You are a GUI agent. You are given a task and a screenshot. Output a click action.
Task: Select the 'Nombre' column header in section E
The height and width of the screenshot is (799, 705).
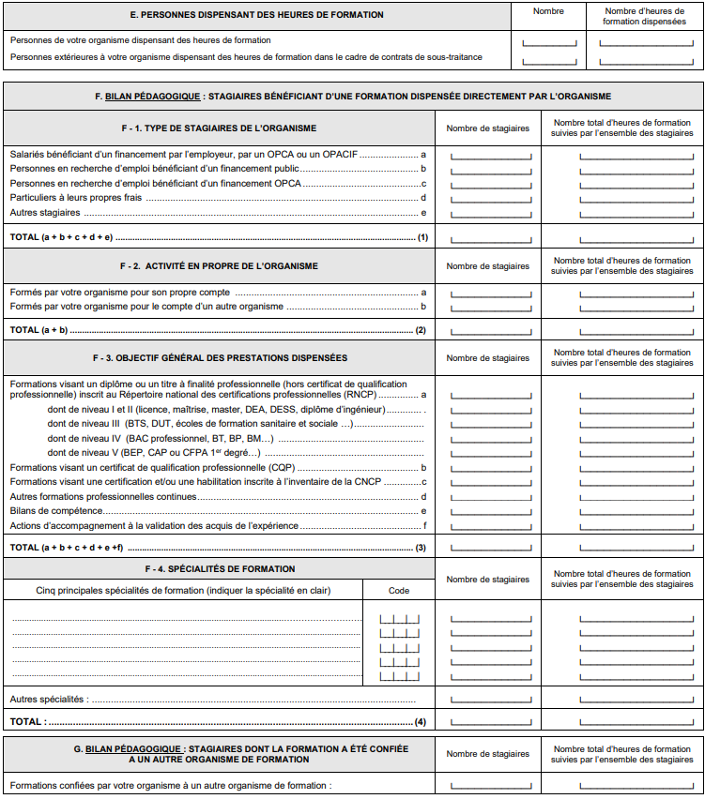[548, 11]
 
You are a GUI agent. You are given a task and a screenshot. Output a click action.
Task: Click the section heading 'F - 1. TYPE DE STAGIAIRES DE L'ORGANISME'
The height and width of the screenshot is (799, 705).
[218, 128]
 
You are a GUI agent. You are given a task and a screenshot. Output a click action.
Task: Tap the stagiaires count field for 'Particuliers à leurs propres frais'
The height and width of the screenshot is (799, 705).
[491, 198]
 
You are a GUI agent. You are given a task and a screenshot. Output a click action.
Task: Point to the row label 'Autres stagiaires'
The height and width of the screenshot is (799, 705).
[45, 213]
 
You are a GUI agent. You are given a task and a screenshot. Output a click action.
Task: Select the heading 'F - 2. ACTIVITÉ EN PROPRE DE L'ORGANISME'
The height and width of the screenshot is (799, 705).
[219, 266]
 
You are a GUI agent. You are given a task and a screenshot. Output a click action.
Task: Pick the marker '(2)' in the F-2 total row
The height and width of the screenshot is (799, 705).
[421, 330]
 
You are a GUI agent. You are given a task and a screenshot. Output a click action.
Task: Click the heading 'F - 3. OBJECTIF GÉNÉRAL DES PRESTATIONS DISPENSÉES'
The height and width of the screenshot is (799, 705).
[219, 358]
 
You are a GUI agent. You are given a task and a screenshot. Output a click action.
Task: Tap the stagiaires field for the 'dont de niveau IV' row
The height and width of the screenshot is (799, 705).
[491, 438]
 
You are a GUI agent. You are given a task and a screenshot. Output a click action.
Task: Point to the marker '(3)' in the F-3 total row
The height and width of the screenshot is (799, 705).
[421, 547]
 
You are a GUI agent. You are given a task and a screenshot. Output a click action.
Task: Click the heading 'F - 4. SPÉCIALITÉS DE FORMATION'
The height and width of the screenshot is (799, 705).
[219, 569]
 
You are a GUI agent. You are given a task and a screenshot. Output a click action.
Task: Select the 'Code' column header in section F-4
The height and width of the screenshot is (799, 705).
[399, 591]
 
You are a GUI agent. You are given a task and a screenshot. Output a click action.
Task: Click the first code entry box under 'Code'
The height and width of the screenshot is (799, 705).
[399, 618]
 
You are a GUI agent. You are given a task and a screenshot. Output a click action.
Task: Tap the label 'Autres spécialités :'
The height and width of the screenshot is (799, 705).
[48, 700]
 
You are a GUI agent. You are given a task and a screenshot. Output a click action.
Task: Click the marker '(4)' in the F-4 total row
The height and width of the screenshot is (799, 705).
[421, 722]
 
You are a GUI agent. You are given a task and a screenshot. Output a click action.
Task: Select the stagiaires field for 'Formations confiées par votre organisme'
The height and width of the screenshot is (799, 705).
[491, 786]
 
